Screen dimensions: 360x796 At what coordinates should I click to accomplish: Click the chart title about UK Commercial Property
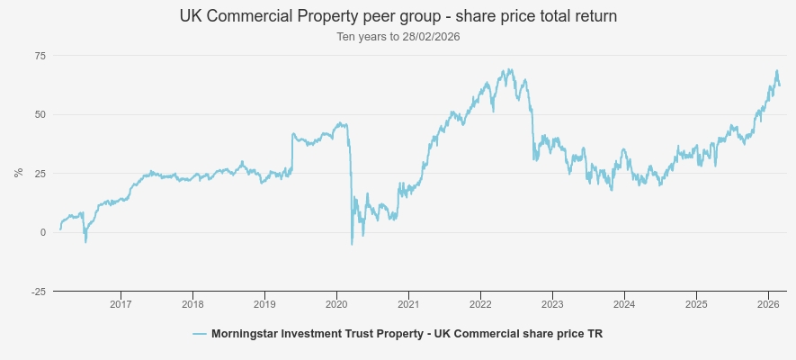[398, 17]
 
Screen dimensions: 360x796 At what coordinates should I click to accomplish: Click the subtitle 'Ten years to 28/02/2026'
[398, 37]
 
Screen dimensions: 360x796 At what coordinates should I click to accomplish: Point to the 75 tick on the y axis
[40, 56]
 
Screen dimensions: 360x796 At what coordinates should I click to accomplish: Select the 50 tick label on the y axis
[40, 114]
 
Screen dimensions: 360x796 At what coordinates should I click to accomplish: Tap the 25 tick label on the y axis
[40, 174]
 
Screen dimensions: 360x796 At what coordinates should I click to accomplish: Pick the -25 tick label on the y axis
[39, 291]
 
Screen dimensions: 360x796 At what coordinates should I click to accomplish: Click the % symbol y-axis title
[18, 173]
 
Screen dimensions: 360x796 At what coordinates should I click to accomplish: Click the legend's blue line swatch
[200, 334]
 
